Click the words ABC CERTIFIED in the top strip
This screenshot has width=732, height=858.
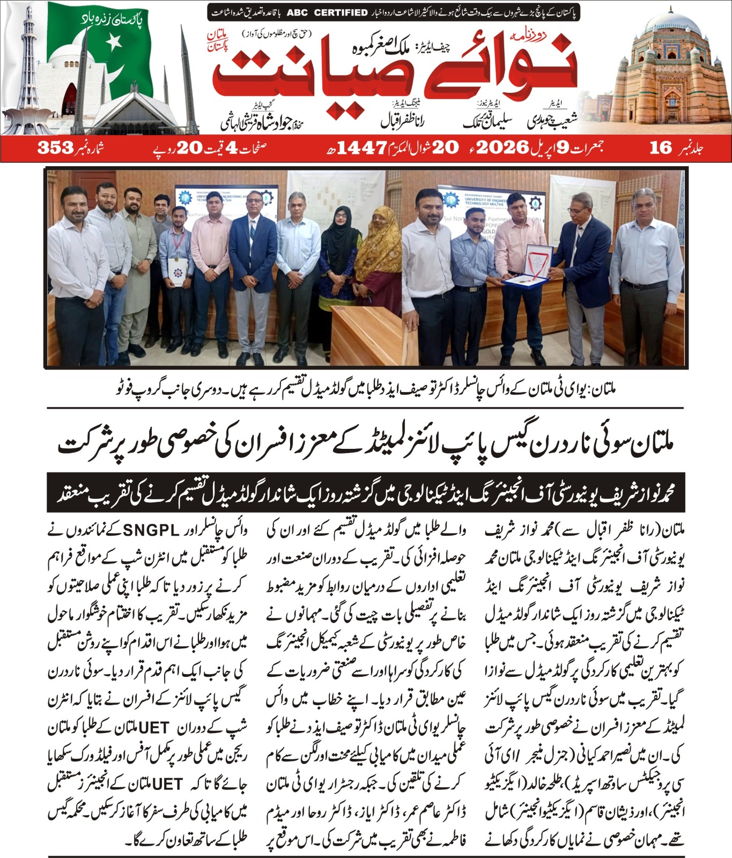pyautogui.click(x=327, y=12)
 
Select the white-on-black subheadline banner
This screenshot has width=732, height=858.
pyautogui.click(x=366, y=492)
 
